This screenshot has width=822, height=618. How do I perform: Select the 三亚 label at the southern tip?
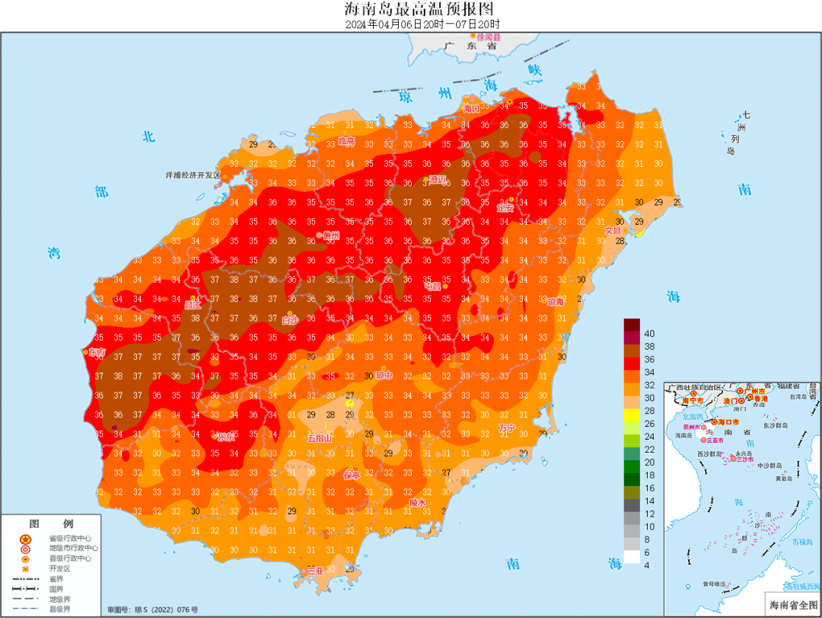pyautogui.click(x=314, y=570)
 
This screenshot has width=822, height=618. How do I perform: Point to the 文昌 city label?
pyautogui.click(x=613, y=230)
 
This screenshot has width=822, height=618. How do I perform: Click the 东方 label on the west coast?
pyautogui.click(x=97, y=352)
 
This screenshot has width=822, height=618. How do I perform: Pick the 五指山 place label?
pyautogui.click(x=320, y=438)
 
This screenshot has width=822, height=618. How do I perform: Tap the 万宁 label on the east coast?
pyautogui.click(x=507, y=427)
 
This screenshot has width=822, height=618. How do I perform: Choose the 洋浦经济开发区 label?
pyautogui.click(x=193, y=175)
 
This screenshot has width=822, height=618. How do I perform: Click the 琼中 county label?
pyautogui.click(x=384, y=375)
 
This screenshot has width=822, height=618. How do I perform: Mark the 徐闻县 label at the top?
pyautogui.click(x=489, y=37)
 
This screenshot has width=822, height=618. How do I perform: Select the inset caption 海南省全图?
pyautogui.click(x=792, y=605)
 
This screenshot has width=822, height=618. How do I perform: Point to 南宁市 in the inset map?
pyautogui.click(x=693, y=400)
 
